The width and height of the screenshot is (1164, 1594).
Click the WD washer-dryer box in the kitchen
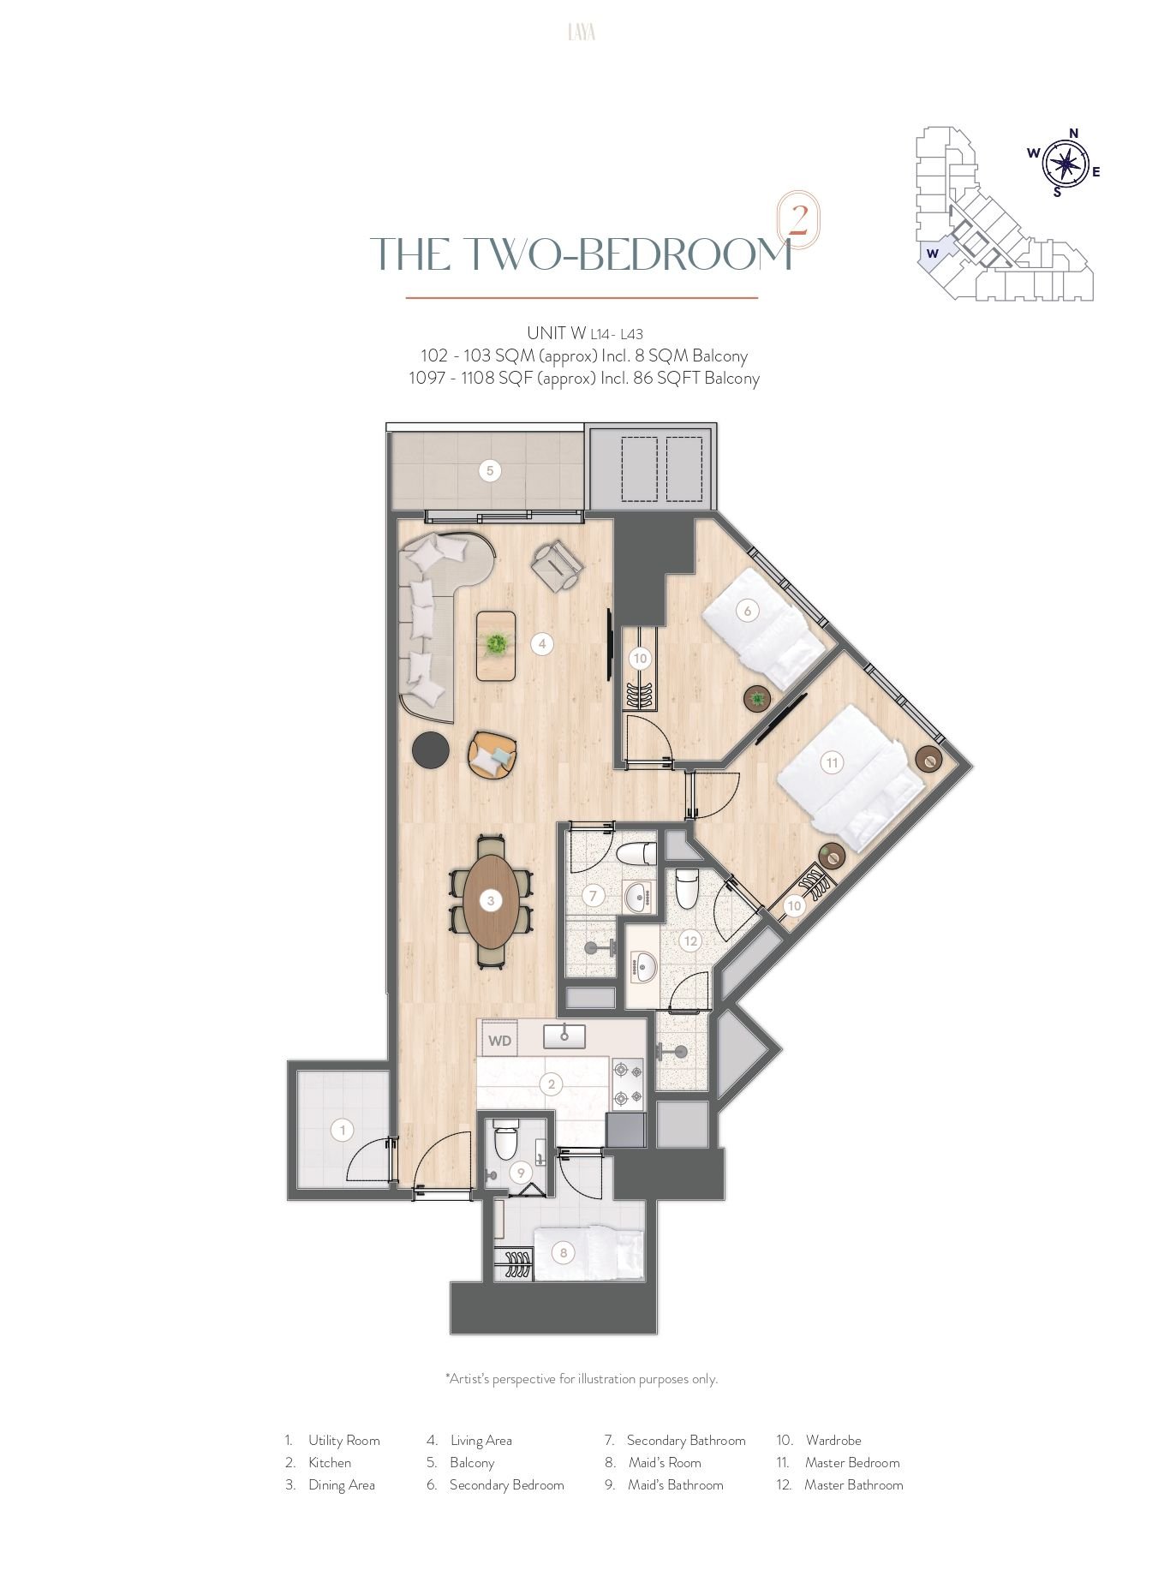[499, 1040]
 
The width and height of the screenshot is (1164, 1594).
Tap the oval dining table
[491, 900]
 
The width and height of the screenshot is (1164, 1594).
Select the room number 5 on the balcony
[489, 470]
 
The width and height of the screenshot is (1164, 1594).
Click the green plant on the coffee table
[495, 643]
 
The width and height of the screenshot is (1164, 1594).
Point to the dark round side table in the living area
[431, 750]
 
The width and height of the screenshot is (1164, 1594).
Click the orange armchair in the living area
[492, 755]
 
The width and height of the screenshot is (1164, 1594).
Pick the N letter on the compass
[1073, 133]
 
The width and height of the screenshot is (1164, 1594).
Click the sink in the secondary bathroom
[637, 897]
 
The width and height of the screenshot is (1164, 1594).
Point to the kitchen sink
[564, 1036]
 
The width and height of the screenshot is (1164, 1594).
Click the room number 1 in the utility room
[343, 1130]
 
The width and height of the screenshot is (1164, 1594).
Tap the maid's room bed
[588, 1254]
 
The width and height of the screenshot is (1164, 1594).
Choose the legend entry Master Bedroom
[852, 1462]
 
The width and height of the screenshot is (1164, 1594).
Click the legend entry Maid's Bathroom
[676, 1484]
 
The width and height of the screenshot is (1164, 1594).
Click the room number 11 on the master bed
[831, 762]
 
